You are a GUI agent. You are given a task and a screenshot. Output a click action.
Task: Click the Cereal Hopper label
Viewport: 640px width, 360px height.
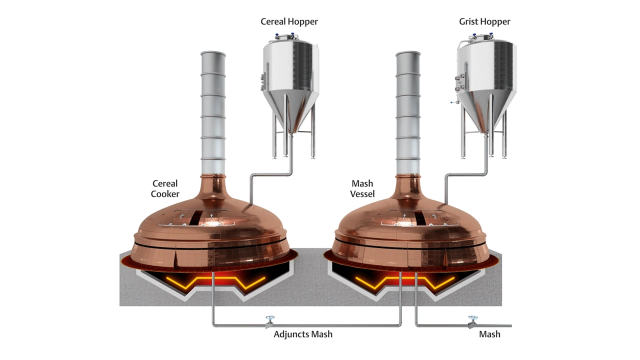(x=289, y=21)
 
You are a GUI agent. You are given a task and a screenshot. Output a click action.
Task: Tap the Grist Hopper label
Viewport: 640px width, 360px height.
(x=484, y=21)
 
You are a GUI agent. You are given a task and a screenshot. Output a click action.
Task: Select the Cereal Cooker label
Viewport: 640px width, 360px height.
(x=165, y=188)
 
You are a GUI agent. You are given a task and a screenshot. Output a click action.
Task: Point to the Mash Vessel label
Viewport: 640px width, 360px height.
(x=362, y=188)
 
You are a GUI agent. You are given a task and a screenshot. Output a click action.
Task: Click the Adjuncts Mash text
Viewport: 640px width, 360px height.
(x=303, y=334)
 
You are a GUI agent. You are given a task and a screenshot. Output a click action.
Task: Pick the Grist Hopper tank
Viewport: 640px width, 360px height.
(x=486, y=75)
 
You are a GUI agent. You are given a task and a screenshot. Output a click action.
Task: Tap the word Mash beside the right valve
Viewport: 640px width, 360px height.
(x=489, y=334)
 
